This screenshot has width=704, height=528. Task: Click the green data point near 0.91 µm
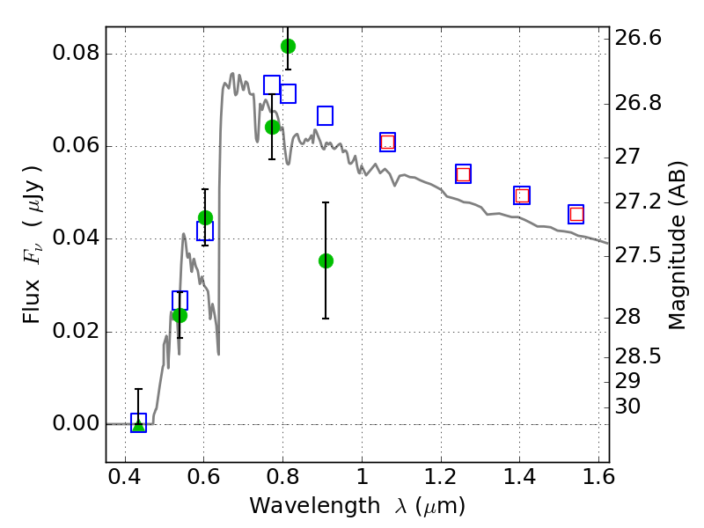326,260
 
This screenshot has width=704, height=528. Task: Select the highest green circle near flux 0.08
288,46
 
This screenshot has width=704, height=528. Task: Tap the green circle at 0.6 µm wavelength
205,217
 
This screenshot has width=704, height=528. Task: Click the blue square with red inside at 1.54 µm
576,214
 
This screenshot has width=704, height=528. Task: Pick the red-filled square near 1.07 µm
387,143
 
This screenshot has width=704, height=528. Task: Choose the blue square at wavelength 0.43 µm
138,423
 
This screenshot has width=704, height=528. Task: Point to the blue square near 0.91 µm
325,115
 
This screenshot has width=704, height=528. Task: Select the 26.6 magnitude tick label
638,39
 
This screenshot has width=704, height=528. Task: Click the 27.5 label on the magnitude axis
638,256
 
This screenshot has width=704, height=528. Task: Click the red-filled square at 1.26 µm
463,174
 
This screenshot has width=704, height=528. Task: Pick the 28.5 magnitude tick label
638,357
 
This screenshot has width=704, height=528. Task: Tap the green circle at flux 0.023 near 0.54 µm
180,315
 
